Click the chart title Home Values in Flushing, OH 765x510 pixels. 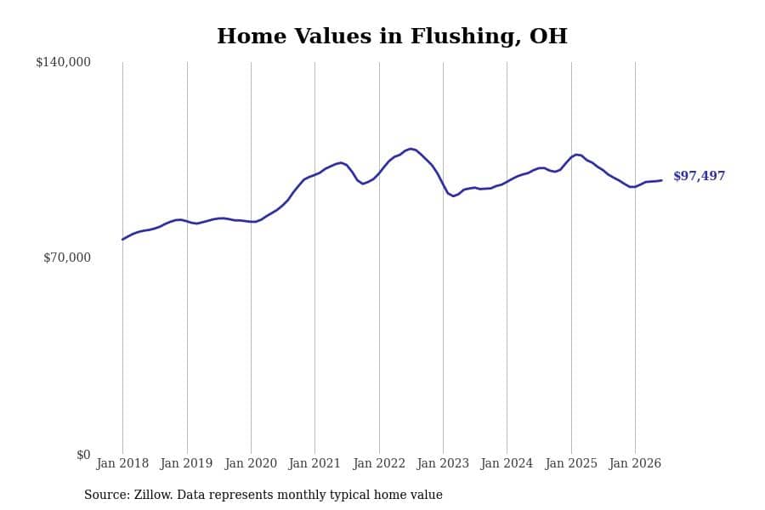[x=392, y=36]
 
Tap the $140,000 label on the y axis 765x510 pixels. [x=63, y=62]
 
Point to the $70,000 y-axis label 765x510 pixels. [x=67, y=258]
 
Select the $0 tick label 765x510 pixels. [x=83, y=455]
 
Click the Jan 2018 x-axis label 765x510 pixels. [x=122, y=463]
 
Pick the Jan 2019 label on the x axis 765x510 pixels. [x=186, y=463]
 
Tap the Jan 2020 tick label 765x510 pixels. [x=251, y=463]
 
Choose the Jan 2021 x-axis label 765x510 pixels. [x=314, y=463]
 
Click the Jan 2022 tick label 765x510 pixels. [x=379, y=463]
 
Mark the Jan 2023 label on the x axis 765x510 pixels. [x=443, y=463]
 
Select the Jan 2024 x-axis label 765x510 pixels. [x=507, y=463]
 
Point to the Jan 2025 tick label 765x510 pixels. [x=571, y=463]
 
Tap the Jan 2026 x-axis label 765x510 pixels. [x=635, y=463]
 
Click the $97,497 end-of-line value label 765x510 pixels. [x=700, y=176]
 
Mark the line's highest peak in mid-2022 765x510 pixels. [x=411, y=149]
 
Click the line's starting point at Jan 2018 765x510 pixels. [x=122, y=240]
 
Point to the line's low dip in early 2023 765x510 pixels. [x=454, y=196]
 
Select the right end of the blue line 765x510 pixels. [x=661, y=180]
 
